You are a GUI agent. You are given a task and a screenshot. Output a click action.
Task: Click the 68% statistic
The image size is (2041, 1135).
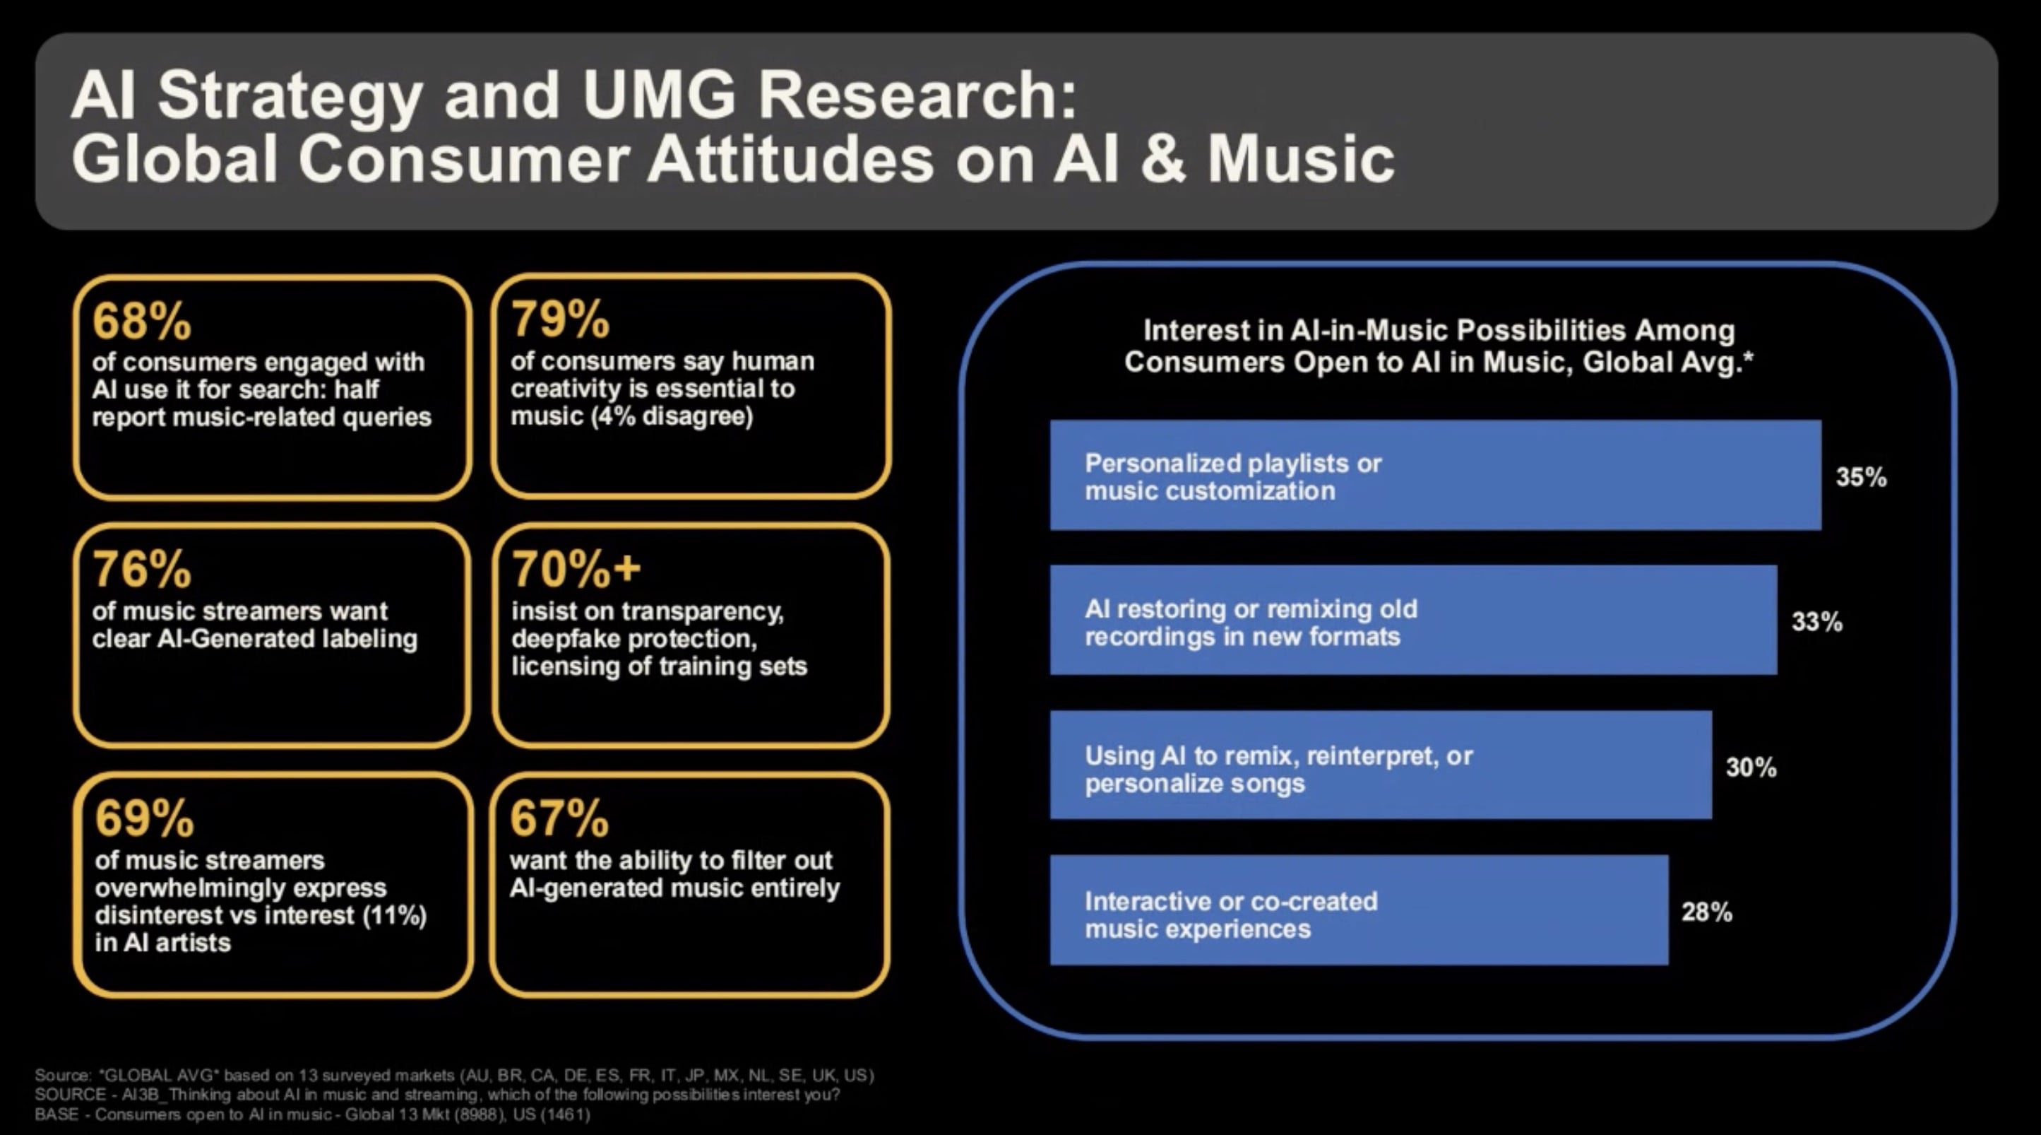pos(142,320)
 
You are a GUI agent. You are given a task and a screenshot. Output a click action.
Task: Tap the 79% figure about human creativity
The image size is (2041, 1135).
pos(560,319)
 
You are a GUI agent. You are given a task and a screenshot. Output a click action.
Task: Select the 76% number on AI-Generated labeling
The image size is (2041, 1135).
pos(142,569)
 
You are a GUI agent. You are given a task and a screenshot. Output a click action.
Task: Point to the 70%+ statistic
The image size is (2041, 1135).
pos(576,568)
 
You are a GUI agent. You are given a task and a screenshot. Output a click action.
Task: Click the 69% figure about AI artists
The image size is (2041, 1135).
pos(144,818)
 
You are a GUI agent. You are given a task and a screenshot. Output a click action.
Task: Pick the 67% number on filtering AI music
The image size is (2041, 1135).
pos(559,818)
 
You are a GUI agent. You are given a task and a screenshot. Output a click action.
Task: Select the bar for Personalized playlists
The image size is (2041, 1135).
pos(1436,475)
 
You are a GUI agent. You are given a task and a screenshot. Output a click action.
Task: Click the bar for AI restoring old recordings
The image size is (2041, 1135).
pos(1413,620)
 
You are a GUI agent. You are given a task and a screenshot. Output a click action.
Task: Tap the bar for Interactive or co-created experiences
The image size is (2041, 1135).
pos(1359,910)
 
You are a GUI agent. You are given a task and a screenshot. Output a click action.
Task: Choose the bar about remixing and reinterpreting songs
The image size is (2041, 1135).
pos(1381,765)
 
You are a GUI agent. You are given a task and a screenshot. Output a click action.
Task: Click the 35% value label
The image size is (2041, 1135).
pos(1861,477)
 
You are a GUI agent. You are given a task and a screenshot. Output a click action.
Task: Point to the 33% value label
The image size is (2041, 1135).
pos(1817,622)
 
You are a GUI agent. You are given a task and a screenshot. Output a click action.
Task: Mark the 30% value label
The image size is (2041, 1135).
pos(1751,768)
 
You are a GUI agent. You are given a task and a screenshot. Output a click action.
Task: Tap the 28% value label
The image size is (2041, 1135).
pos(1707,912)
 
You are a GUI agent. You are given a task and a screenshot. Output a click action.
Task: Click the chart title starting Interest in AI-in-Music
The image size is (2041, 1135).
pos(1439,346)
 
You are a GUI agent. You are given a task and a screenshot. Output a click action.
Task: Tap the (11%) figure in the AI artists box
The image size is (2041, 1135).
pos(395,915)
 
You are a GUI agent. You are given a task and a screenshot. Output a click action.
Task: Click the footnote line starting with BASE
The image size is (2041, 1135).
pos(313,1115)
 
